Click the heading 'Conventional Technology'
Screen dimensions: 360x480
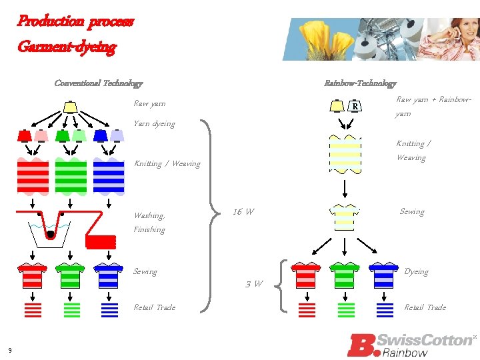tap(98, 83)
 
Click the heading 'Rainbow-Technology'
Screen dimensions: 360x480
tap(359, 83)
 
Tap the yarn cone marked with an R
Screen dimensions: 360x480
tap(356, 106)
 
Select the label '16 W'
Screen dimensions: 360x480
tap(243, 212)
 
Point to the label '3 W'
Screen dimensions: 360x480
tap(253, 284)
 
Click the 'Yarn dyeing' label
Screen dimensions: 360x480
tap(154, 123)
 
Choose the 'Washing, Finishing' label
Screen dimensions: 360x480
tap(149, 222)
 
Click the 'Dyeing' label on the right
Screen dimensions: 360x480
tap(416, 271)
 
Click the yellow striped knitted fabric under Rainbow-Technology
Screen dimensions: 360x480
tap(345, 155)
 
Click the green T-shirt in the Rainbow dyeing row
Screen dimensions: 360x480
tap(345, 274)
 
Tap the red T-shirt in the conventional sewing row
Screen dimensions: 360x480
tap(33, 275)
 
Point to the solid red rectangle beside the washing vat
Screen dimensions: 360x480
tap(101, 243)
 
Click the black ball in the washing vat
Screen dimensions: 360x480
tap(50, 234)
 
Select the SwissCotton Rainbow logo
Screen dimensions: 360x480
tap(411, 345)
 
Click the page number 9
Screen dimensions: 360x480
tap(10, 351)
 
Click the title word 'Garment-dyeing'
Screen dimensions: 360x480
tap(67, 47)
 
